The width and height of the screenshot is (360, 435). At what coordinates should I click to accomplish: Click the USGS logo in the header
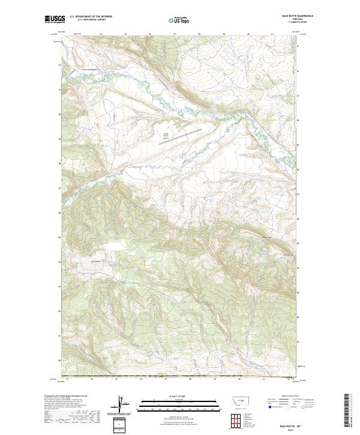[x=55, y=19]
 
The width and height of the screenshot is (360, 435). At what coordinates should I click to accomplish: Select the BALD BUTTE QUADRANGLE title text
[x=281, y=16]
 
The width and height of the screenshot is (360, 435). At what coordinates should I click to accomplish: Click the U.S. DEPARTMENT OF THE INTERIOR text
[x=91, y=17]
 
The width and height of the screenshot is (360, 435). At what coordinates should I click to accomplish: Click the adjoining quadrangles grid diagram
[x=237, y=418]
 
